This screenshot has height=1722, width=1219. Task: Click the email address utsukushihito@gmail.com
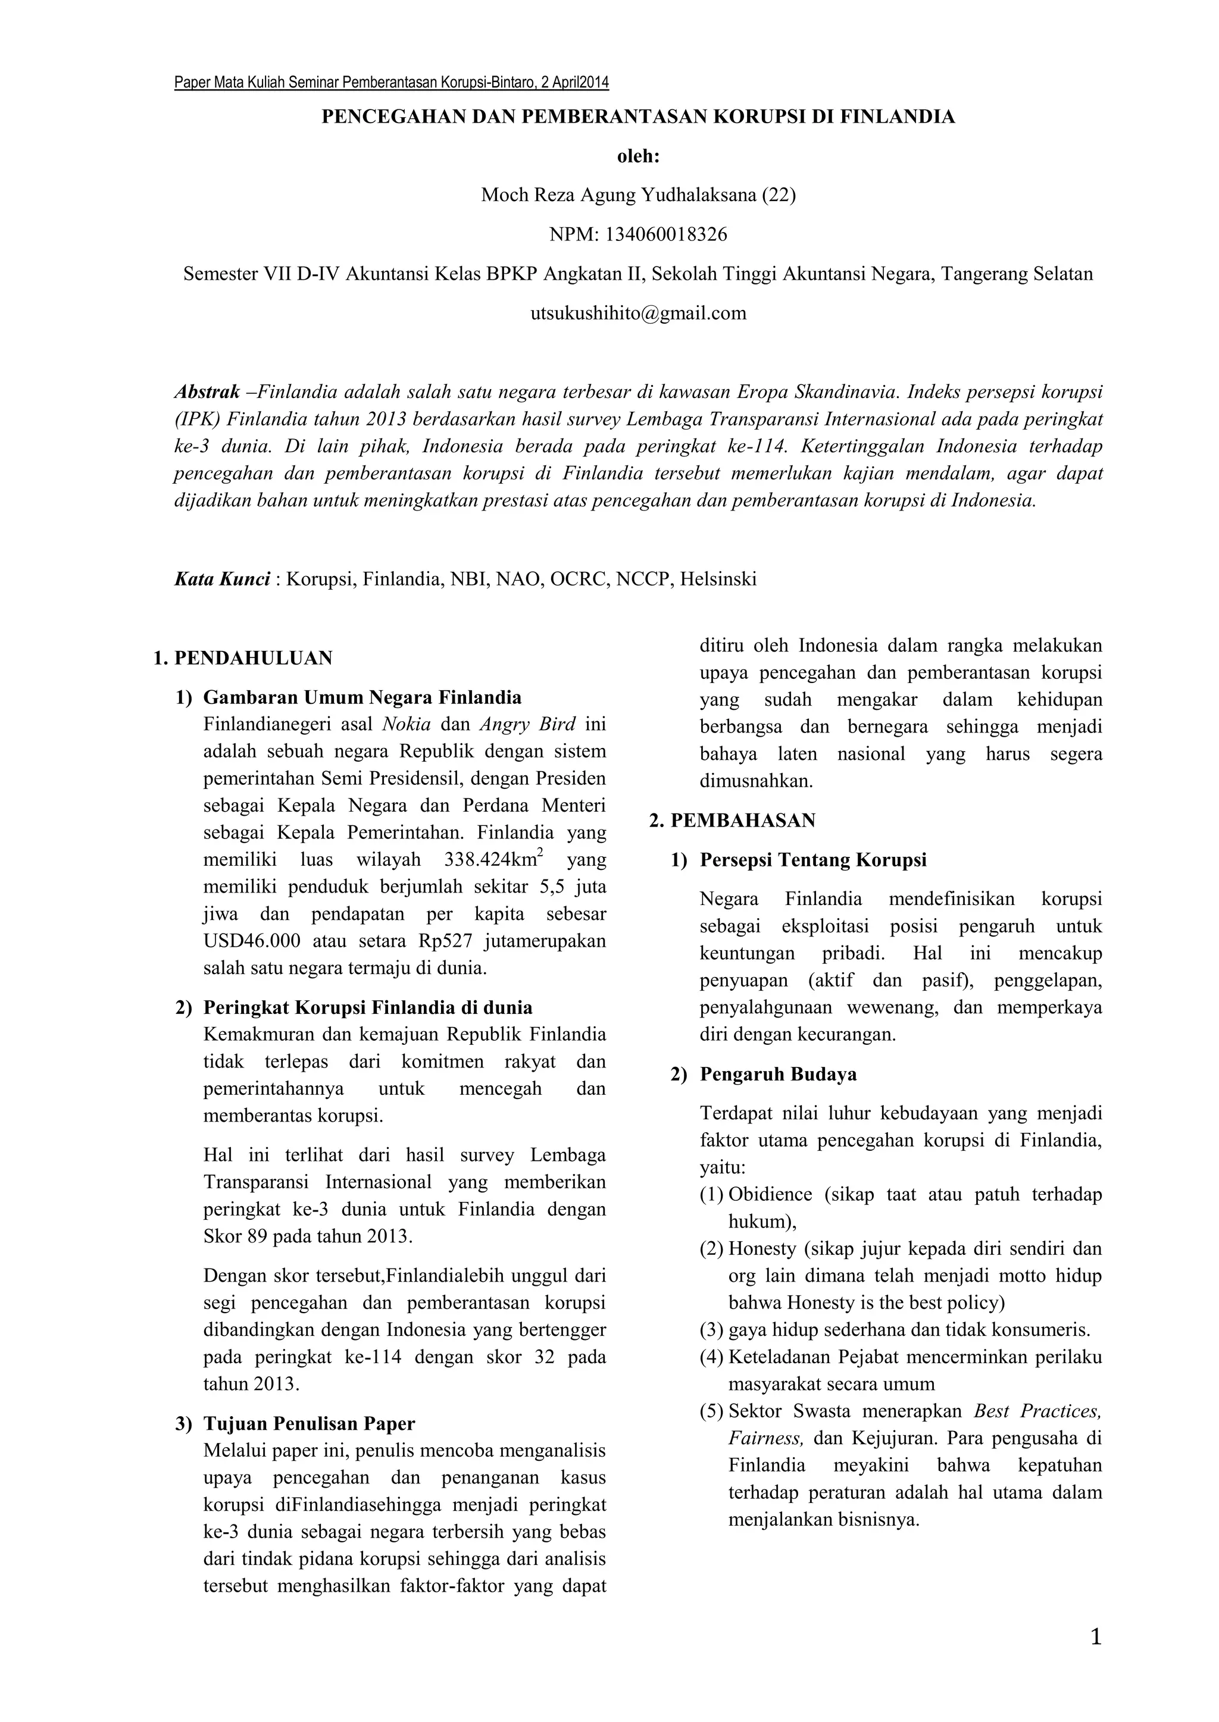click(x=638, y=313)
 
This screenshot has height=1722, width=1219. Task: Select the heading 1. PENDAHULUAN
click(x=242, y=659)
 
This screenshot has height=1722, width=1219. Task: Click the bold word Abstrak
click(x=207, y=392)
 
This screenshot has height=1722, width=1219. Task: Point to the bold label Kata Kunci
click(x=221, y=579)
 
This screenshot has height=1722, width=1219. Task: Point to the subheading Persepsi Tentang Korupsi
click(x=813, y=860)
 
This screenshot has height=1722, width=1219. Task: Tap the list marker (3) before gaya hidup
click(x=712, y=1330)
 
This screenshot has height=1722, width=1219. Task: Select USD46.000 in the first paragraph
click(x=251, y=941)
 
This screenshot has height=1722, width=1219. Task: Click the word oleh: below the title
click(x=638, y=157)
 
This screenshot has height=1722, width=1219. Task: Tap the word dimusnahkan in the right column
click(x=756, y=781)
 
